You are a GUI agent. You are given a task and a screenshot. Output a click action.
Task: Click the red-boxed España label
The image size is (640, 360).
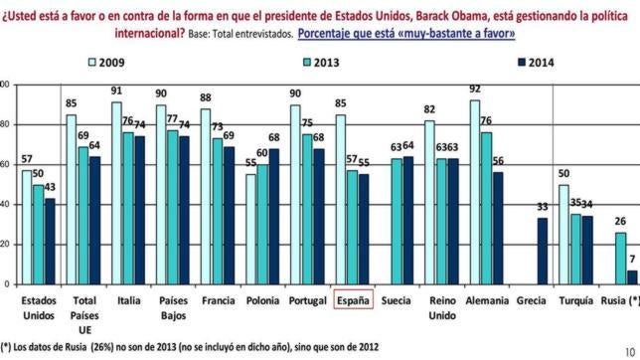point(352,298)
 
